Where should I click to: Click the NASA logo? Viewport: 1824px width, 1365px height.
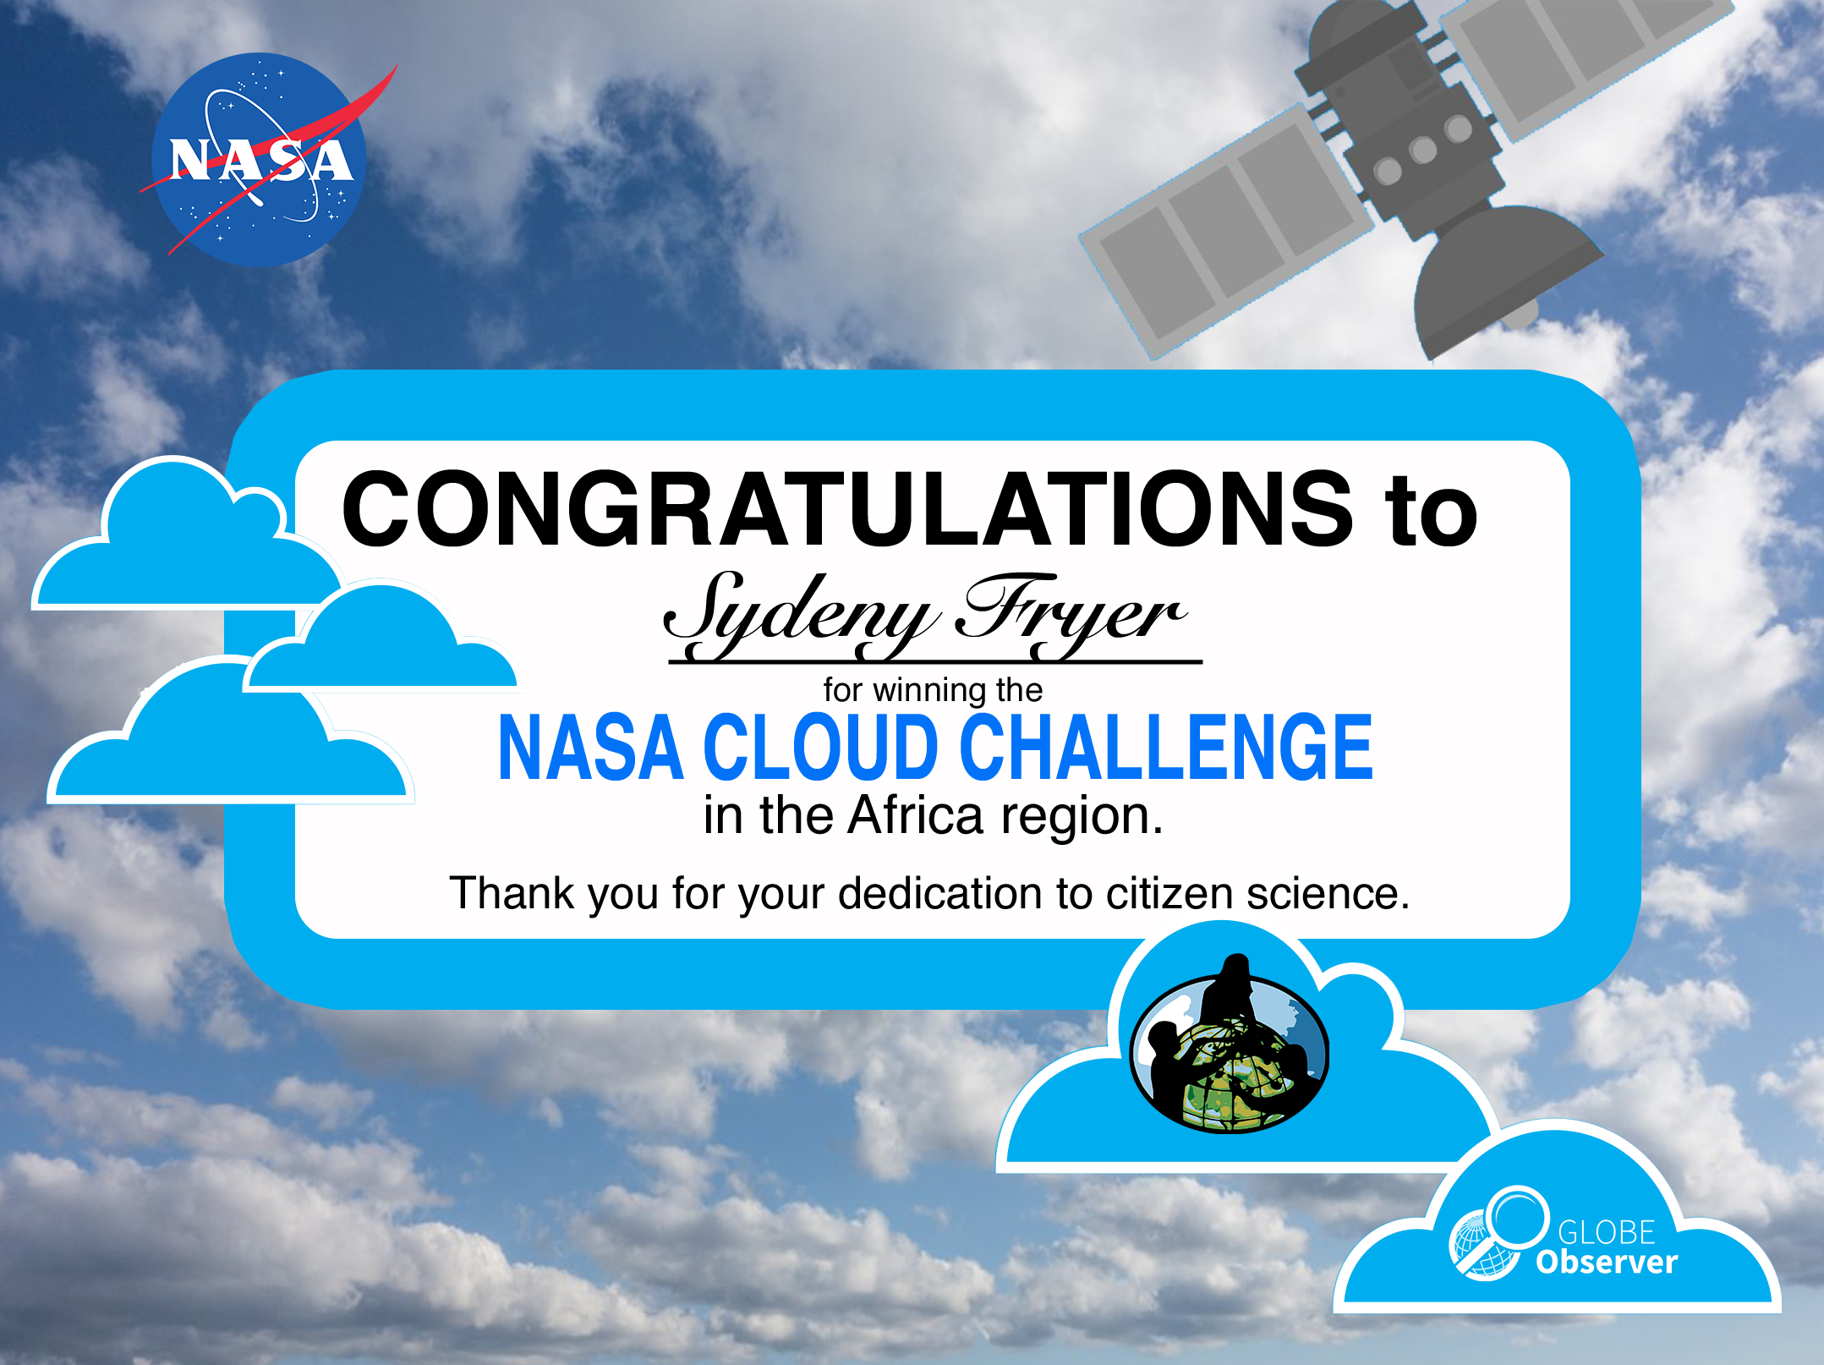(259, 160)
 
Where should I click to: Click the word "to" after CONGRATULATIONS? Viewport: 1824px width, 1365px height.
(1431, 513)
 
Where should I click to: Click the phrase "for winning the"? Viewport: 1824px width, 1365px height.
(933, 690)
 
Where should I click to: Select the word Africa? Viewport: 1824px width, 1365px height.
(916, 815)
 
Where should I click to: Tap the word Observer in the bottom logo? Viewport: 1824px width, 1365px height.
(1607, 1262)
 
